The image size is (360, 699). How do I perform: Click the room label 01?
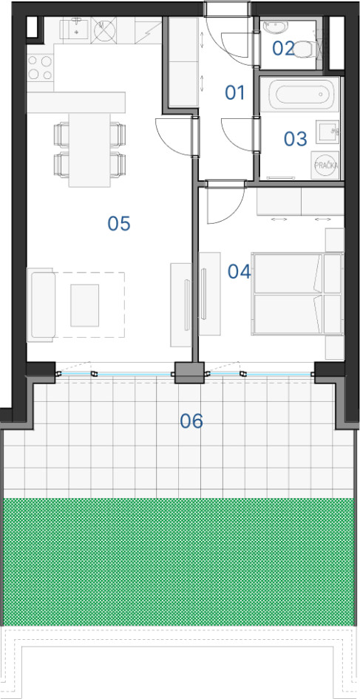(235, 93)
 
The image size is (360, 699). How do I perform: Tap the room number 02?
(283, 49)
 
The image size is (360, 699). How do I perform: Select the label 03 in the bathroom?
(295, 139)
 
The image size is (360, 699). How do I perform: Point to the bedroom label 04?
(240, 271)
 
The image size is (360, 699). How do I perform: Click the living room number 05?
(119, 223)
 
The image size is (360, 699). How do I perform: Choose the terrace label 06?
(191, 421)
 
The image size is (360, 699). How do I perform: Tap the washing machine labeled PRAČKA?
(326, 165)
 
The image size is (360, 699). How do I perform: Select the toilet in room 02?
(305, 49)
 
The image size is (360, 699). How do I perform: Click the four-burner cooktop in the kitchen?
(40, 67)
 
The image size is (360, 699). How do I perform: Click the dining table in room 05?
(89, 150)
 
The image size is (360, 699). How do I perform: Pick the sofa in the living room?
(41, 305)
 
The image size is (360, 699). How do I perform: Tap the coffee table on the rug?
(85, 305)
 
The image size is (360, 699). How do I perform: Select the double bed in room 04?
(298, 294)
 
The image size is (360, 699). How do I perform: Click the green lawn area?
(180, 562)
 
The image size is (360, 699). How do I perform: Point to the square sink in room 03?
(327, 132)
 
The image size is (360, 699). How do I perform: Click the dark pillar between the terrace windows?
(189, 372)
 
